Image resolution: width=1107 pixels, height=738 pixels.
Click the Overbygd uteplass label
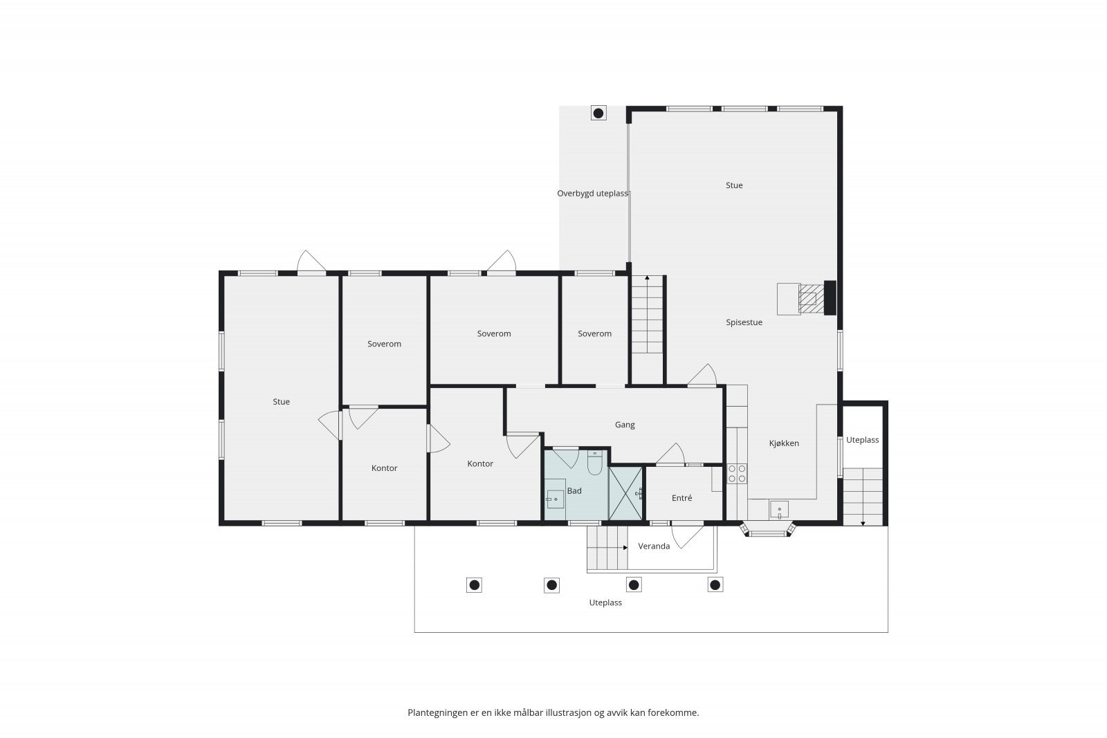[592, 194]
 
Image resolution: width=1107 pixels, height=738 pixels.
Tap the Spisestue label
[744, 322]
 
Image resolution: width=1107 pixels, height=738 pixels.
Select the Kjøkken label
[784, 443]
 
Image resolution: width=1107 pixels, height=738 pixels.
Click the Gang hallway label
[625, 425]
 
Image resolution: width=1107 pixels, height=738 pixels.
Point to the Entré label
[681, 498]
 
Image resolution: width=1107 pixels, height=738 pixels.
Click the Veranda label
[654, 546]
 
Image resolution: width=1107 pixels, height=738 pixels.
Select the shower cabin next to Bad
[625, 493]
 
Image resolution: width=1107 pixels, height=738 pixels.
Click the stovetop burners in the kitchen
[737, 474]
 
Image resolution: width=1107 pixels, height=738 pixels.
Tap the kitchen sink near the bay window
[779, 510]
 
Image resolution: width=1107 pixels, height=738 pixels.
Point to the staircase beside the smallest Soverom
[647, 315]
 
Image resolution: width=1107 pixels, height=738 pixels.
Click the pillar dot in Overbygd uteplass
[598, 113]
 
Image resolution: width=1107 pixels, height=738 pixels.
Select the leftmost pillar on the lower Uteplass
[474, 585]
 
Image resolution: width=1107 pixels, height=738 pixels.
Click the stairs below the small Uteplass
[863, 497]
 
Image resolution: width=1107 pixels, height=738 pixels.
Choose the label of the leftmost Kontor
[384, 468]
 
